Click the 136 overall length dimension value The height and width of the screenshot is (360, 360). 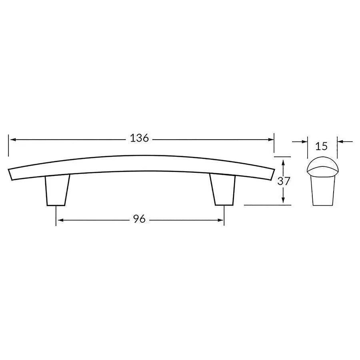[x=139, y=138]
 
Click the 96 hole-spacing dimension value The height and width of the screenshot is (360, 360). [x=139, y=219]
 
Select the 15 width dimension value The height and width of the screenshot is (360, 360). [x=322, y=146]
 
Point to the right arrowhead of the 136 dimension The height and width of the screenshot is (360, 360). [x=271, y=139]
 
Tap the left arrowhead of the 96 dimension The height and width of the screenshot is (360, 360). [x=59, y=220]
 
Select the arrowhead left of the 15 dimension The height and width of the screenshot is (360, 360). [x=304, y=141]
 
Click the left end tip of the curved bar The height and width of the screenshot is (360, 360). [x=10, y=174]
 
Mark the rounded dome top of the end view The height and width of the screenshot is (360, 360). [x=322, y=164]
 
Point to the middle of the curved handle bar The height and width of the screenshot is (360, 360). [x=140, y=164]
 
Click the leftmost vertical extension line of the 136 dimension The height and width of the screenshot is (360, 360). [x=8, y=146]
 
